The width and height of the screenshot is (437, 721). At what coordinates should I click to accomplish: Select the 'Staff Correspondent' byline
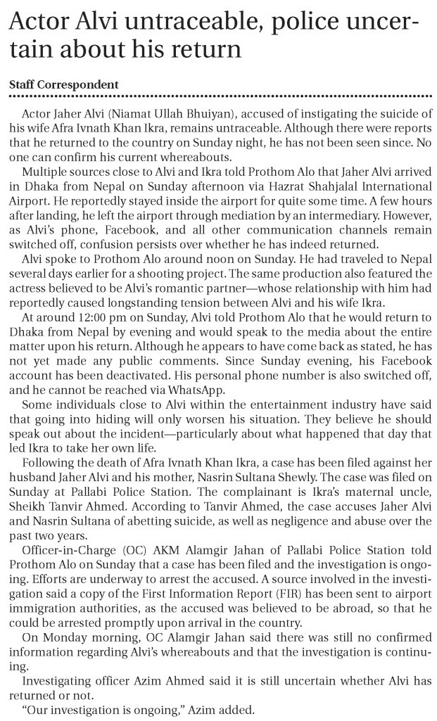pyautogui.click(x=63, y=84)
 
